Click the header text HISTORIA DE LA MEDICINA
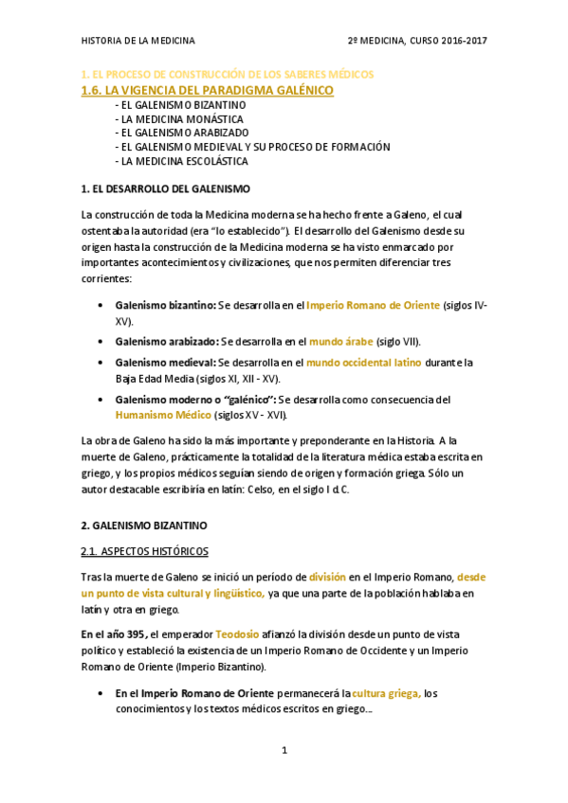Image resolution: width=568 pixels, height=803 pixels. [x=138, y=41]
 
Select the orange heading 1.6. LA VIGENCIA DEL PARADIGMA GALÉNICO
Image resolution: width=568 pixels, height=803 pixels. [x=208, y=90]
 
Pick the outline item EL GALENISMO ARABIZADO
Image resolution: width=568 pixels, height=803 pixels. [x=181, y=133]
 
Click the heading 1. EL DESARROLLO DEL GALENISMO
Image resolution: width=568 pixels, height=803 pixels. [x=166, y=189]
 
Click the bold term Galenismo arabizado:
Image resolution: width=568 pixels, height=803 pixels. [x=167, y=341]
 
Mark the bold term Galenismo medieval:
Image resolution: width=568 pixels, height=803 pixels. [x=165, y=362]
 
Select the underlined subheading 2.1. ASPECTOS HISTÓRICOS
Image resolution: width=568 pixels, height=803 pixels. [x=145, y=550]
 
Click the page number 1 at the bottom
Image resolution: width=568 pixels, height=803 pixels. [x=284, y=751]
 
